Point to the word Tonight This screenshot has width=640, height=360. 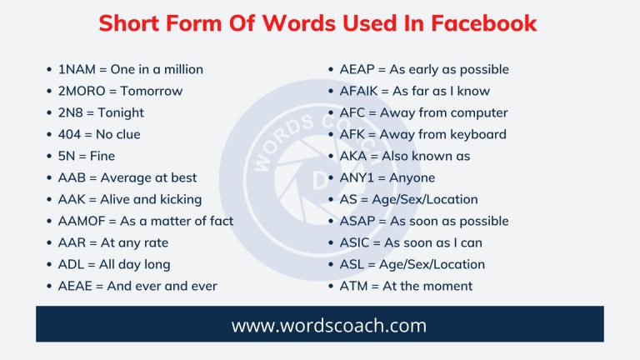coord(122,112)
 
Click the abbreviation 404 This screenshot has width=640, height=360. coord(71,134)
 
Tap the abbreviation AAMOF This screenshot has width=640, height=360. coord(84,221)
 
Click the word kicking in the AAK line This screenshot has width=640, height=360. coord(177,199)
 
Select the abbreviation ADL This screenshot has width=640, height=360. coord(72,264)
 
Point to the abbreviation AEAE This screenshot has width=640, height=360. coord(76,286)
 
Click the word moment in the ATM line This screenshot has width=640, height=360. coord(447,286)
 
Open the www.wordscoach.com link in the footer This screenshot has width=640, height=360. coord(320,325)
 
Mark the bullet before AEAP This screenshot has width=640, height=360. coord(332,69)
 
